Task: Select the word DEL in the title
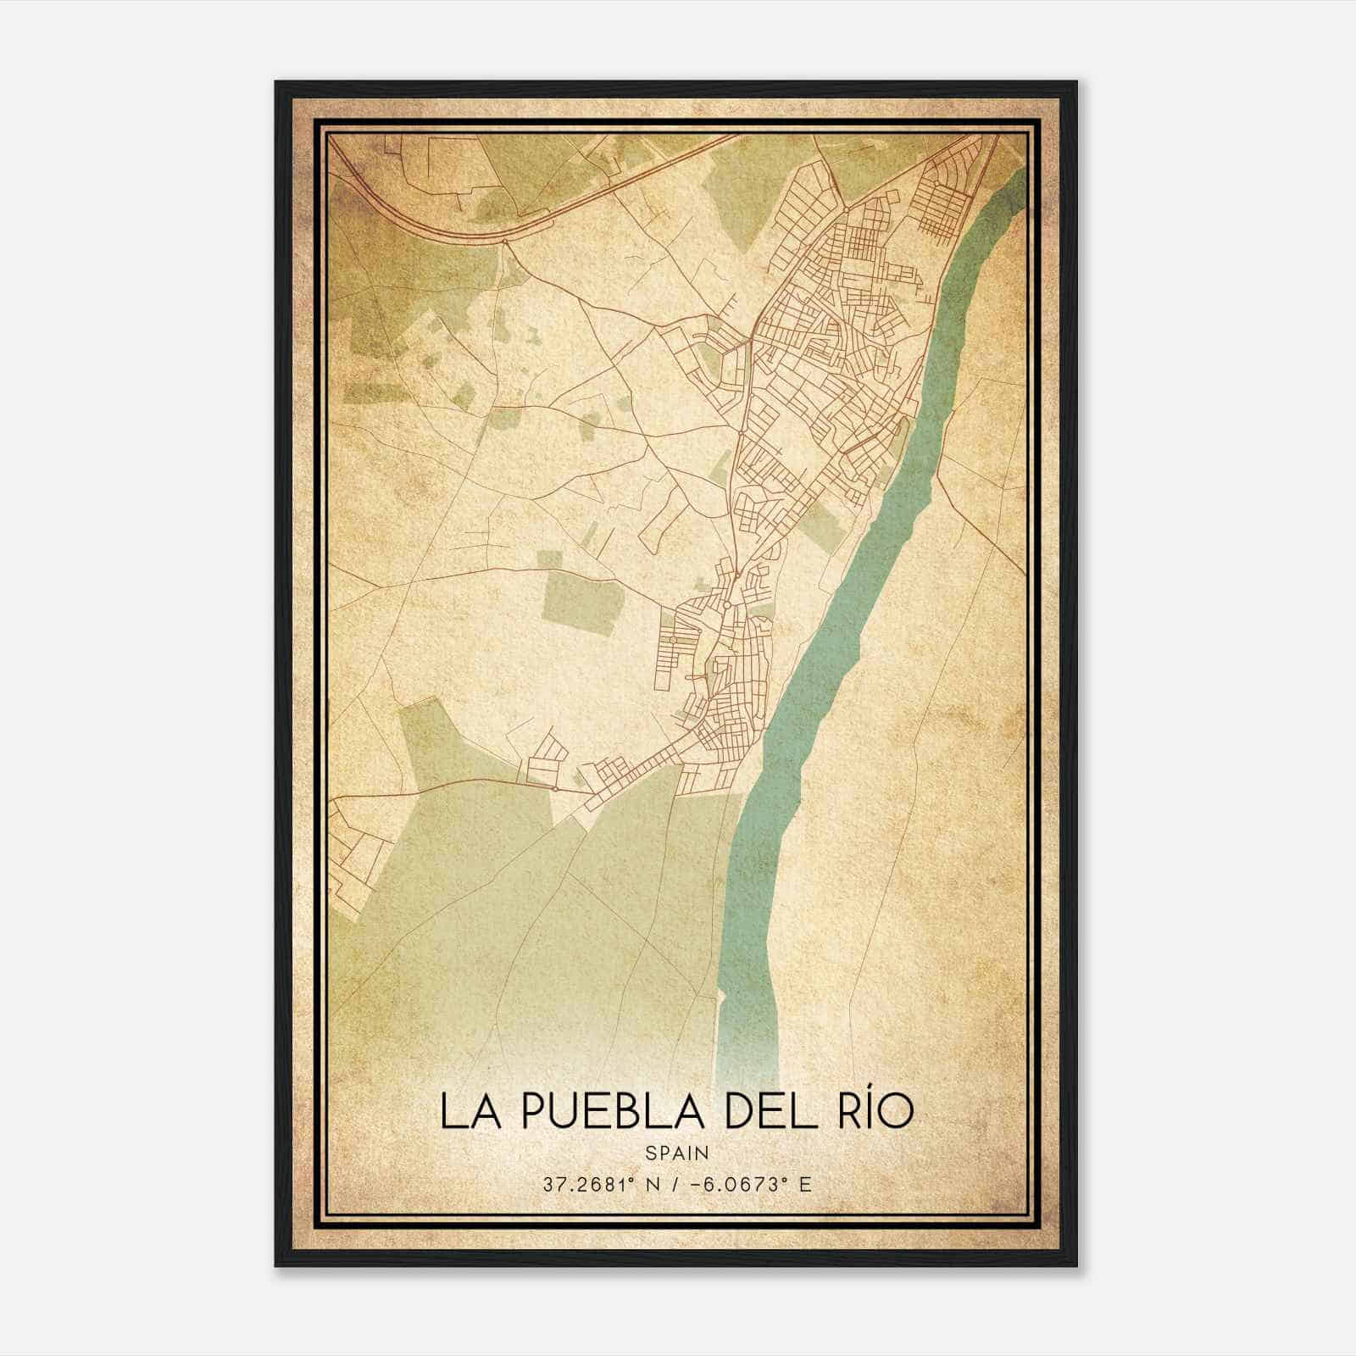click(x=759, y=1112)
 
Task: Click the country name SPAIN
click(x=677, y=1153)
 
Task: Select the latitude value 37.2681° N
click(x=597, y=1184)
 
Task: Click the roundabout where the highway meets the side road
click(x=505, y=242)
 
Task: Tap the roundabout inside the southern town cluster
click(x=727, y=605)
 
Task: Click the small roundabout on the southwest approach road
click(x=554, y=788)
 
